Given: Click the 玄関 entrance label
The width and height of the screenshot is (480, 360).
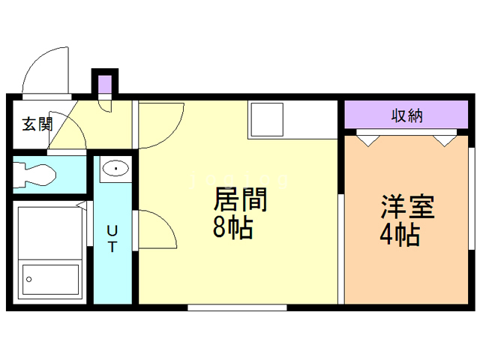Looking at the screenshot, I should [36, 124].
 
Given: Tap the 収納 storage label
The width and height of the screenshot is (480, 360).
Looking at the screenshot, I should [406, 116].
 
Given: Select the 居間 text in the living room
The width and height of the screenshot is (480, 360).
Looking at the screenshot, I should [241, 201].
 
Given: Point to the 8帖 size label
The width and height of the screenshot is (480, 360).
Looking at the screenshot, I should [232, 228].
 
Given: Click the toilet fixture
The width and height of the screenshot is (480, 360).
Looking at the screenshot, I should [34, 175].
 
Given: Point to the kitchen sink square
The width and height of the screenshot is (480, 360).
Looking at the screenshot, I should [265, 121].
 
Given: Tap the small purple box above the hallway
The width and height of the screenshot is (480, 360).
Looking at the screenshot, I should [104, 82].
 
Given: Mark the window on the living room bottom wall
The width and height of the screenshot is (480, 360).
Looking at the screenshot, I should [226, 307].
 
